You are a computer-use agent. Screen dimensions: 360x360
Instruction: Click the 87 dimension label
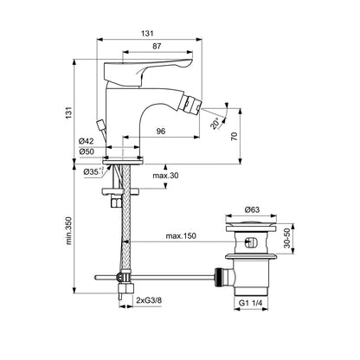(x=157, y=46)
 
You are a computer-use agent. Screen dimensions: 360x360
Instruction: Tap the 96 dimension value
(x=161, y=132)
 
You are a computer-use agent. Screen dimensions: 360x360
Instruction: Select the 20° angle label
(x=216, y=124)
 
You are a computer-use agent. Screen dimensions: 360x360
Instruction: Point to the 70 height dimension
(x=234, y=136)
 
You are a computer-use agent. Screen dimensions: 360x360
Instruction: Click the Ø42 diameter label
(x=87, y=141)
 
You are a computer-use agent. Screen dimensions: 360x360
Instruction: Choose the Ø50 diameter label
(x=87, y=151)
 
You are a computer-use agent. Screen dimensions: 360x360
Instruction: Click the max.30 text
(x=165, y=175)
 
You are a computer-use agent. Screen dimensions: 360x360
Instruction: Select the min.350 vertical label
(x=68, y=231)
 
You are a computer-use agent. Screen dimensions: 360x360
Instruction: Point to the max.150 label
(x=181, y=236)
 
